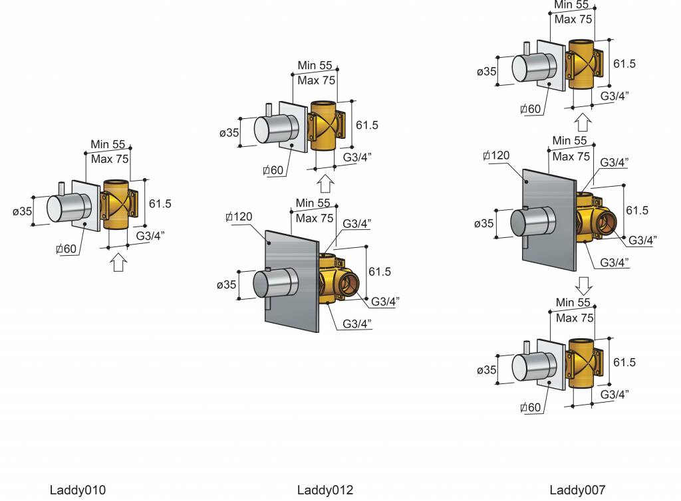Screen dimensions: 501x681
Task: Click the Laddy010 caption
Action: point(77,490)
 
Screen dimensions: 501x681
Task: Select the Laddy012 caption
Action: point(325,490)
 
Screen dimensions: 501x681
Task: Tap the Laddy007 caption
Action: point(577,490)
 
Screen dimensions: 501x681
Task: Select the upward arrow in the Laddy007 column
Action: point(583,122)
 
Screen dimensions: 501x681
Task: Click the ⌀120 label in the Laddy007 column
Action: point(497,155)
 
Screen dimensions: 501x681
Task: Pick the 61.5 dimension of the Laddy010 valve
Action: point(160,204)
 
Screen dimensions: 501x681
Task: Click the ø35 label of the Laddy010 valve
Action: point(23,211)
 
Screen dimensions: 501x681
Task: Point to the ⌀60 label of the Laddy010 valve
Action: point(67,249)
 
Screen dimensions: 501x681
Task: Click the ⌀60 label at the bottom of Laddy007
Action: point(531,407)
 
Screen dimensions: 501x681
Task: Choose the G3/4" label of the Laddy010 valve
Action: point(150,235)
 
